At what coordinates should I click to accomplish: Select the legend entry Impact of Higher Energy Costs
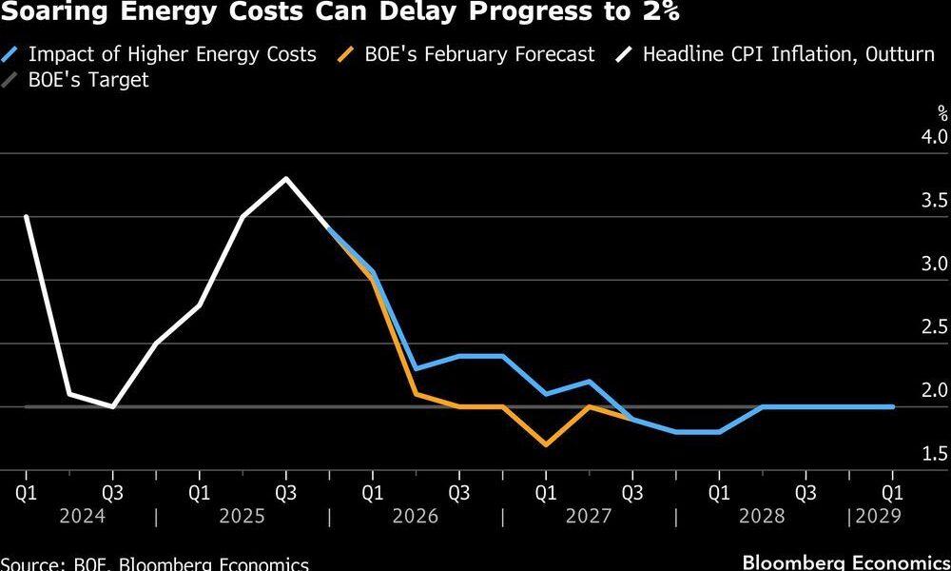point(171,54)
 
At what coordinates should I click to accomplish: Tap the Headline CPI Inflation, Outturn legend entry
point(788,54)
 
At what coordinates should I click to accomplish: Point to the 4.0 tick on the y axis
point(935,137)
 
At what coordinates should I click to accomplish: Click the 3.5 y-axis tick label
point(935,201)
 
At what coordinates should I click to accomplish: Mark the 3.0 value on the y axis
point(935,264)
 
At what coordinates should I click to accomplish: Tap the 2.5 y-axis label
point(935,327)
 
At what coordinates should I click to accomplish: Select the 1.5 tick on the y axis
point(935,454)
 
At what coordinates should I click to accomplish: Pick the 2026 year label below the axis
point(415,516)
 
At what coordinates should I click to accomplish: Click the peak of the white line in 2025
point(286,179)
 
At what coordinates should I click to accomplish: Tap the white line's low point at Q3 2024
point(113,406)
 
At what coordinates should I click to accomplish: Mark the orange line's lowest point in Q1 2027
point(546,444)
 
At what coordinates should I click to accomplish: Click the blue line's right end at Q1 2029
point(892,406)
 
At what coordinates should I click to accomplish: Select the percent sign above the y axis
point(942,113)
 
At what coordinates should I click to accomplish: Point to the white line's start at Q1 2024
point(26,216)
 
